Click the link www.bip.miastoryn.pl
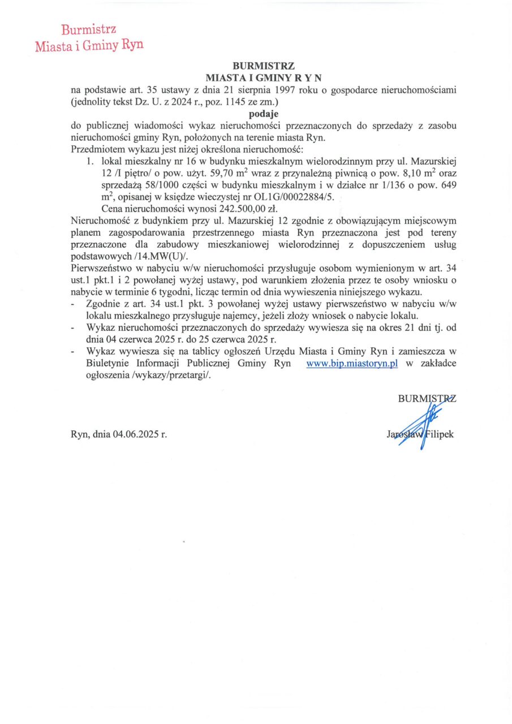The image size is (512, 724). [x=352, y=364]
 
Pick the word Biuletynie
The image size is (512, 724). [x=109, y=364]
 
